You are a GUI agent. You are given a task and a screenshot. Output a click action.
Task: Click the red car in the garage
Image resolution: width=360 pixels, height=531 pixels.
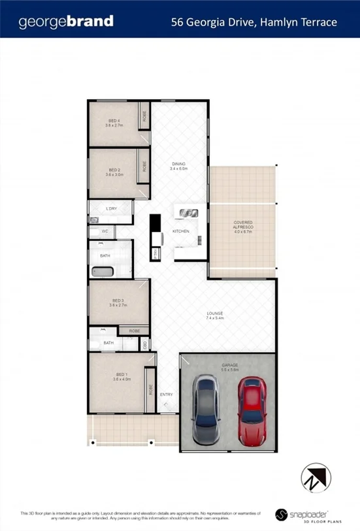click(x=250, y=410)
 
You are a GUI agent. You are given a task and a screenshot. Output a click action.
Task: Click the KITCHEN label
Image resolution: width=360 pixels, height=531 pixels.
click(x=180, y=232)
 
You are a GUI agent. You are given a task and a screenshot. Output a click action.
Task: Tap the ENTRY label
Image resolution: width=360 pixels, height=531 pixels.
click(x=166, y=394)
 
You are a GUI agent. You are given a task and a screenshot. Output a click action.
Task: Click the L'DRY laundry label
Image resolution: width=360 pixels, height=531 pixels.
click(x=111, y=209)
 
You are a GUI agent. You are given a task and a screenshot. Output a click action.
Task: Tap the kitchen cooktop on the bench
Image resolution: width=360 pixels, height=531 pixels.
click(x=185, y=213)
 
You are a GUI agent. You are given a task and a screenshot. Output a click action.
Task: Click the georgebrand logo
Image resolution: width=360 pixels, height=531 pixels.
click(x=66, y=22)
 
